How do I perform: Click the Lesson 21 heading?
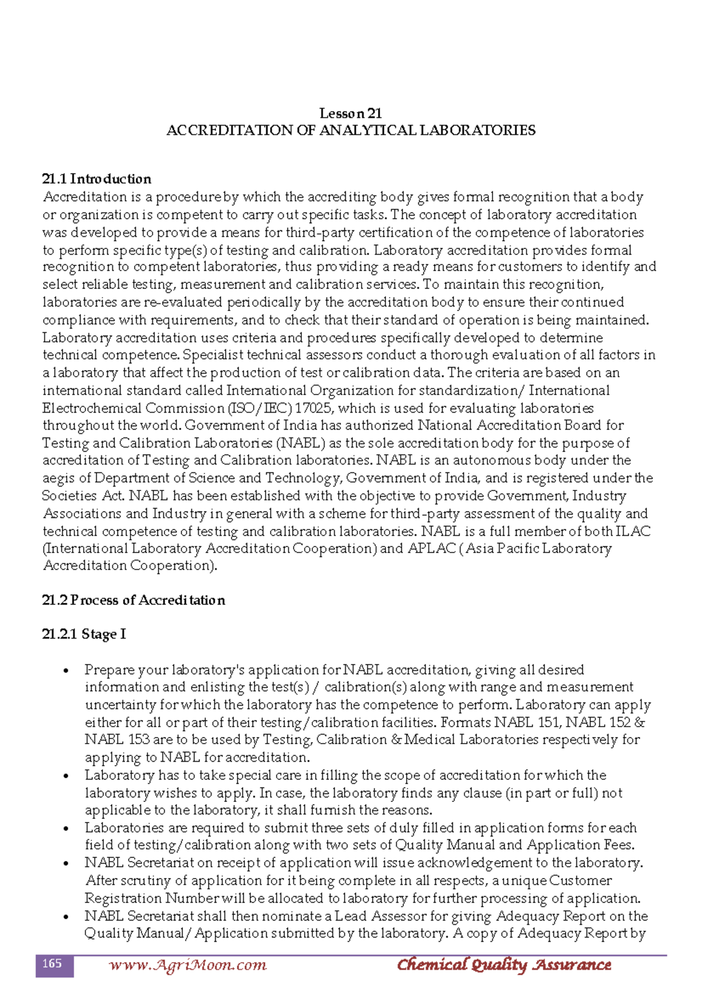tap(350, 113)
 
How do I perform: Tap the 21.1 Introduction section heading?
tap(97, 179)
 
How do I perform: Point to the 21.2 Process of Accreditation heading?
tap(133, 600)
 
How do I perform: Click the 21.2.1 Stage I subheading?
tap(84, 634)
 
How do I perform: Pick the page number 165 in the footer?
tap(53, 964)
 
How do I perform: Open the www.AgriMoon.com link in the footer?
tap(187, 965)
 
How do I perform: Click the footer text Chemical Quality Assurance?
tap(504, 965)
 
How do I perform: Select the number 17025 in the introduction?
tap(313, 408)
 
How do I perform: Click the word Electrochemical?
tap(92, 408)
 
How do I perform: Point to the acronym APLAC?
tap(431, 548)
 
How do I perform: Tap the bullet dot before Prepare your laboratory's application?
tap(66, 671)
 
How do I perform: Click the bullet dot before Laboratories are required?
tap(66, 829)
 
